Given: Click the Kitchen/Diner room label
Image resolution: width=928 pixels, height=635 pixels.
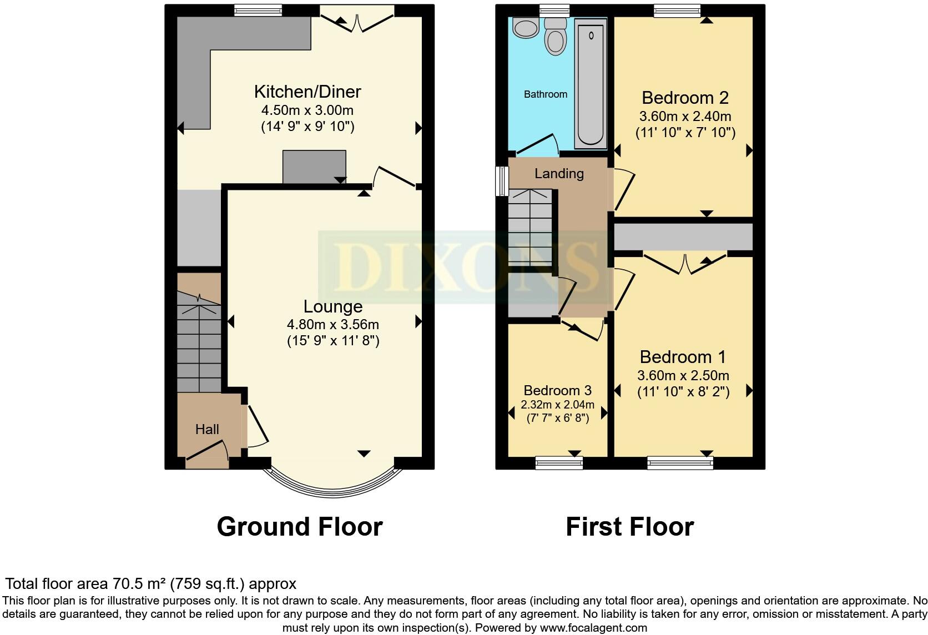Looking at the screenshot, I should click(307, 92).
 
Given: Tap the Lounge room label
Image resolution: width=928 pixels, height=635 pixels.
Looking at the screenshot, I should click(332, 306).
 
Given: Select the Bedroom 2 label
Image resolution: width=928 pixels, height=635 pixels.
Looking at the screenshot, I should click(685, 98).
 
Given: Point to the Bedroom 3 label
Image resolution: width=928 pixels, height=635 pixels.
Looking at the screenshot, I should click(557, 390).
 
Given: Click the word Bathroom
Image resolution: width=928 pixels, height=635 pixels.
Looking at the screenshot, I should click(546, 94).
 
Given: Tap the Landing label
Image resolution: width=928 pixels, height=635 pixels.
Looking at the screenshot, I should click(559, 174).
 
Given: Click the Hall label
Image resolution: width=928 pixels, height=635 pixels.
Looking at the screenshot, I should click(207, 429).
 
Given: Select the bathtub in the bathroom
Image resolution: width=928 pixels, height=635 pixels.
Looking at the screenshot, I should click(591, 83).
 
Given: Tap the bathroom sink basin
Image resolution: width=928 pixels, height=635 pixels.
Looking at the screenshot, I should click(523, 28).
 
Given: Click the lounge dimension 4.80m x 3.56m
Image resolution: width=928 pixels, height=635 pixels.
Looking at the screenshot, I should click(333, 324).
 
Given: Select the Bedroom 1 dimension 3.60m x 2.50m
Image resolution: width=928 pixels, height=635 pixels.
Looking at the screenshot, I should click(683, 375).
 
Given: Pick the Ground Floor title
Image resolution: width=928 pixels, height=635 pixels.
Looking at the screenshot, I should click(300, 526).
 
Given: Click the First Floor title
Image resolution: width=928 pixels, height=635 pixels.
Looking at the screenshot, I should click(629, 526).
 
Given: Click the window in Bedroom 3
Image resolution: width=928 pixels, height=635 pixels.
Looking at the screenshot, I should click(559, 462).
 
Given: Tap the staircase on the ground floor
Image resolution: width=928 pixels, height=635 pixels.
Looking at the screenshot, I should click(199, 344).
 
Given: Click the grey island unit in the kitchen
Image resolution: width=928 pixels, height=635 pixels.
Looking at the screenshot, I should click(314, 166).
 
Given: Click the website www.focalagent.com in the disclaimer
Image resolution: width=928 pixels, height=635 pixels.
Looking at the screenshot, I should click(593, 628).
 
